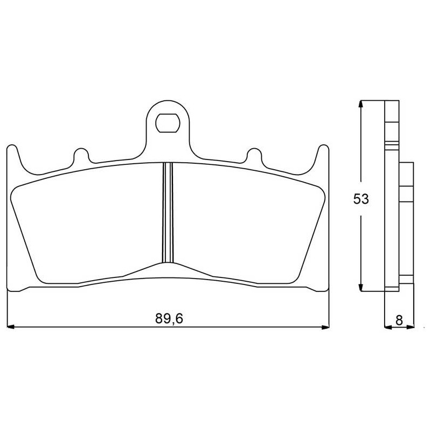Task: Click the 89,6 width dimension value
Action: [x=169, y=318]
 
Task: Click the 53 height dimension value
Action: [x=361, y=199]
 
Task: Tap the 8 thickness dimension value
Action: [x=399, y=320]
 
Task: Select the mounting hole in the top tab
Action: [x=168, y=123]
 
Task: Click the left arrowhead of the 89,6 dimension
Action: [x=10, y=327]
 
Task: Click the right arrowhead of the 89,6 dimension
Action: [x=325, y=327]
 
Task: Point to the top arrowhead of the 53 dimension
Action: [x=361, y=104]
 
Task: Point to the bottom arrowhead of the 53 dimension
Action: [x=361, y=287]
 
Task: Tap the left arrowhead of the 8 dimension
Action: [x=388, y=327]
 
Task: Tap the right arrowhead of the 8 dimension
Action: [x=410, y=327]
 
